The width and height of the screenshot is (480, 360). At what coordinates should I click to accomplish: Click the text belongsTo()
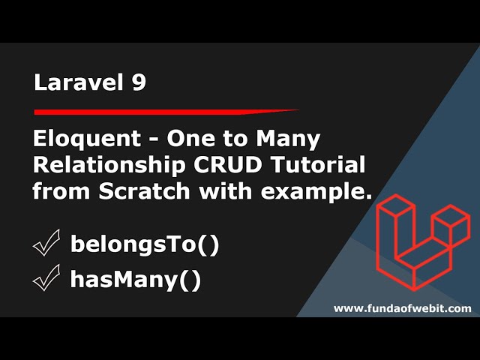coord(144,245)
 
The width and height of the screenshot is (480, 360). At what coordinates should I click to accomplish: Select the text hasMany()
coord(136,280)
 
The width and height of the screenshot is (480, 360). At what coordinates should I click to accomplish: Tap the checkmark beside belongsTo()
coord(47,245)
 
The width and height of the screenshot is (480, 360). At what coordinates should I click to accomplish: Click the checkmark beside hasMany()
coord(47,280)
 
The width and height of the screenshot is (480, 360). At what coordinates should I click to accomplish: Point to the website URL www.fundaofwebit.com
coord(402,308)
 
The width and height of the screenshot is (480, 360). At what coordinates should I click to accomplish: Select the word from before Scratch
coord(62,190)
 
